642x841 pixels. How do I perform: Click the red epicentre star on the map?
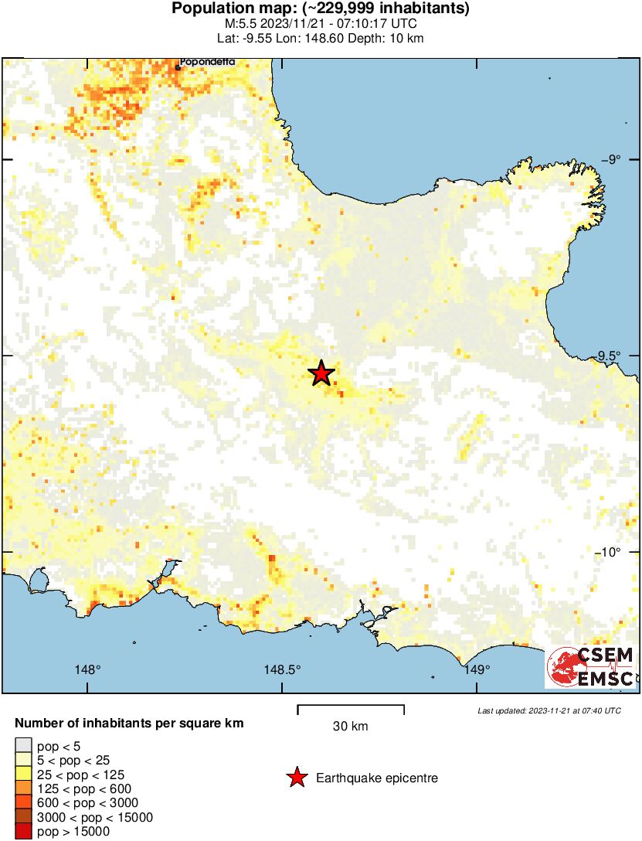(321, 373)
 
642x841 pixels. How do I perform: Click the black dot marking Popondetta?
(178, 67)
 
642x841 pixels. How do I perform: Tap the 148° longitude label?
(88, 669)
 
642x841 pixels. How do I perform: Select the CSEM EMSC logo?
(590, 668)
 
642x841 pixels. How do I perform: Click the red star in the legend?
(297, 778)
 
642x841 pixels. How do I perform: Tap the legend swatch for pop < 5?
(23, 746)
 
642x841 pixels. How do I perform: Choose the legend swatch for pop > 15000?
(23, 832)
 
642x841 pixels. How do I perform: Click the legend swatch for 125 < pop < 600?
(23, 789)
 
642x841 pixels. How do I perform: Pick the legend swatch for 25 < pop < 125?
(23, 775)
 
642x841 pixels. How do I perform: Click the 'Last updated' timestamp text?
(549, 710)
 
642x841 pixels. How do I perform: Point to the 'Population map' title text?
(321, 9)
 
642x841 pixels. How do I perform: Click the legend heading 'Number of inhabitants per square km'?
(130, 724)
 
